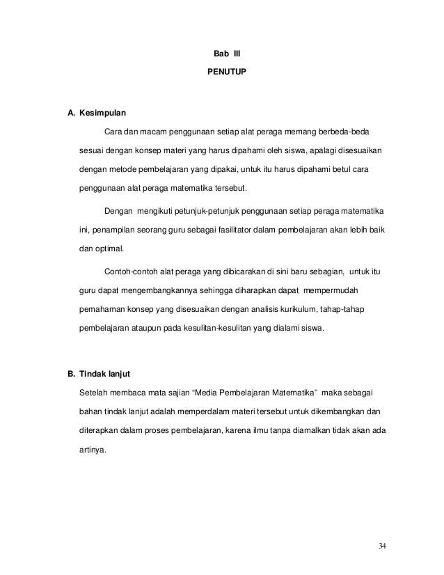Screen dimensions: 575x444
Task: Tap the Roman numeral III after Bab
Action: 235,52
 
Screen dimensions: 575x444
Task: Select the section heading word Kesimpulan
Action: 104,112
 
